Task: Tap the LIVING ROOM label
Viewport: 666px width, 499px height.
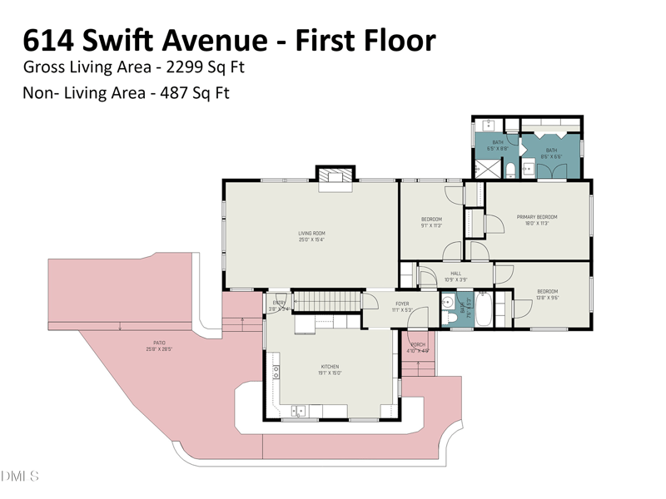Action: point(311,233)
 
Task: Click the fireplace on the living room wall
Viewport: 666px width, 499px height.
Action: point(335,175)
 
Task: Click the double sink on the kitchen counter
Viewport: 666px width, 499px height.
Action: point(298,411)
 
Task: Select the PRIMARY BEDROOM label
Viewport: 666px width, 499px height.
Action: point(537,217)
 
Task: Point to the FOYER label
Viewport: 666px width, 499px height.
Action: point(402,304)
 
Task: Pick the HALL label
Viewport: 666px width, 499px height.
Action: point(456,274)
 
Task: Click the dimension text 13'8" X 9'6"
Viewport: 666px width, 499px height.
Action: point(547,297)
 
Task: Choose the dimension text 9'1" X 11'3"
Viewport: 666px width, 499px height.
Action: point(431,225)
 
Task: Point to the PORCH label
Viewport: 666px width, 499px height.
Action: point(418,344)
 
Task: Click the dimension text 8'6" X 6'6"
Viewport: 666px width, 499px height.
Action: point(551,156)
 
